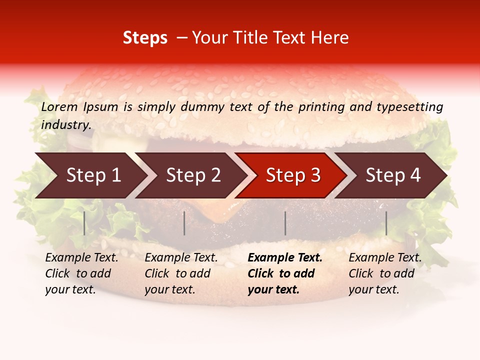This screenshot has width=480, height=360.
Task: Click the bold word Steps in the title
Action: [145, 38]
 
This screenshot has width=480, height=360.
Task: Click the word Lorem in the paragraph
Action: [59, 107]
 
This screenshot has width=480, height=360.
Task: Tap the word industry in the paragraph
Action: [66, 125]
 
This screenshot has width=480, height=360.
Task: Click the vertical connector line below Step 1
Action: [84, 223]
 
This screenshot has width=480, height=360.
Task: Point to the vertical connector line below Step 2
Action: [184, 223]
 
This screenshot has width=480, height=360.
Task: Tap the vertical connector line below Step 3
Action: [285, 223]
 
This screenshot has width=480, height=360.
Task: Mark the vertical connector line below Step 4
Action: [386, 223]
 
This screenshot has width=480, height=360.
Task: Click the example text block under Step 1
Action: [81, 273]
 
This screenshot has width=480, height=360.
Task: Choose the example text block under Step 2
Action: [181, 273]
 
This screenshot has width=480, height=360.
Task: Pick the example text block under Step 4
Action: [385, 273]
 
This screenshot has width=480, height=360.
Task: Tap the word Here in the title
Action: [332, 38]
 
